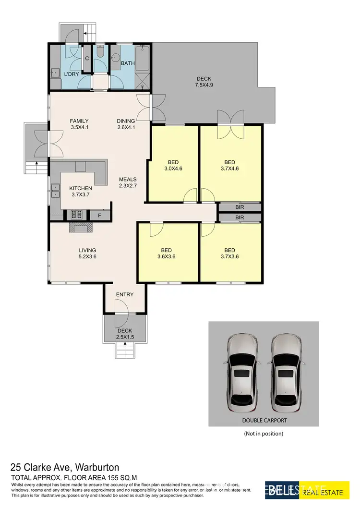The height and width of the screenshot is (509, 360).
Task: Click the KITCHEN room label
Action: click(x=80, y=188)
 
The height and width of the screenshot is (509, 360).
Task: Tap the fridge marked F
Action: click(x=99, y=215)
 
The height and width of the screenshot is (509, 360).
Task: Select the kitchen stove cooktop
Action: click(x=77, y=215)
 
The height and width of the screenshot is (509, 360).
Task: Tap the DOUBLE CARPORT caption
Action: click(x=264, y=420)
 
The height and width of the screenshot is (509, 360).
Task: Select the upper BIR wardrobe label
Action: click(x=240, y=207)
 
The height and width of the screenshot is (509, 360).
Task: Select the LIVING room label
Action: click(x=88, y=250)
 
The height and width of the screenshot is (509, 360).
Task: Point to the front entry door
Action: click(x=120, y=307)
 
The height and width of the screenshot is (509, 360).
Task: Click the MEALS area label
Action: click(x=128, y=179)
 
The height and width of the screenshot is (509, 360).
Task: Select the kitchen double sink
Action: click(x=56, y=194)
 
